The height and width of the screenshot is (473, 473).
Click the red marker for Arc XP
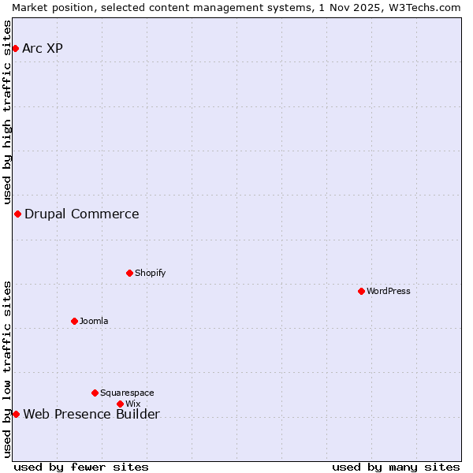[x=15, y=49]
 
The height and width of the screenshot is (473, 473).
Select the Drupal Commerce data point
[x=17, y=214]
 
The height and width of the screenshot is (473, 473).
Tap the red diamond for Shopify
[x=129, y=274]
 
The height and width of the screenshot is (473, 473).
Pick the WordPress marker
[x=361, y=292]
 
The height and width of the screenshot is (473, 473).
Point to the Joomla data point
[x=74, y=321]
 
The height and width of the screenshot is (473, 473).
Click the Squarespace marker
[x=95, y=393]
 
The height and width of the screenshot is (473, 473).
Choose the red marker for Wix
[x=120, y=404]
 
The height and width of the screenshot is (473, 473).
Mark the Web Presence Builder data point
[x=16, y=415]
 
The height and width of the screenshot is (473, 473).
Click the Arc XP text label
[x=43, y=49]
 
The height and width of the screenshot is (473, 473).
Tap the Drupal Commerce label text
[x=82, y=214]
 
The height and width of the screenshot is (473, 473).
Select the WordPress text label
[x=389, y=292]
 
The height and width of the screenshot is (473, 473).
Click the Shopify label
[x=151, y=274]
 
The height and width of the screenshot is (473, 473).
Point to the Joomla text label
[x=94, y=322]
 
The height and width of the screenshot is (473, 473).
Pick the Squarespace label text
[x=127, y=393]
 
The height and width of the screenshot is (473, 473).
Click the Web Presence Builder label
[x=91, y=415]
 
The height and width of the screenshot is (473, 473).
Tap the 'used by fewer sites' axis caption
[x=81, y=467]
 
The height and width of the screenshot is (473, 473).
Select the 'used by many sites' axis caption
[x=396, y=467]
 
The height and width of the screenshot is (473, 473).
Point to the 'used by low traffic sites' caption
[x=7, y=369]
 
